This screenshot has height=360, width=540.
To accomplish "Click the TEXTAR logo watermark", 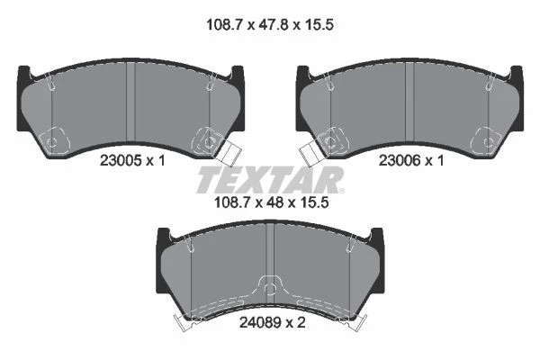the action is [x=270, y=180].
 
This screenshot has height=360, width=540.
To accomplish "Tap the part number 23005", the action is [x=121, y=160].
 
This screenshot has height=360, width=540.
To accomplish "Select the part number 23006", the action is [x=400, y=160].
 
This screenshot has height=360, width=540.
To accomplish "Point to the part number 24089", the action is [x=261, y=323].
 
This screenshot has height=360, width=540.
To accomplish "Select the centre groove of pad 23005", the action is [x=130, y=103].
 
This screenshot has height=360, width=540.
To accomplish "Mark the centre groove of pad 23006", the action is [x=409, y=103].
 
